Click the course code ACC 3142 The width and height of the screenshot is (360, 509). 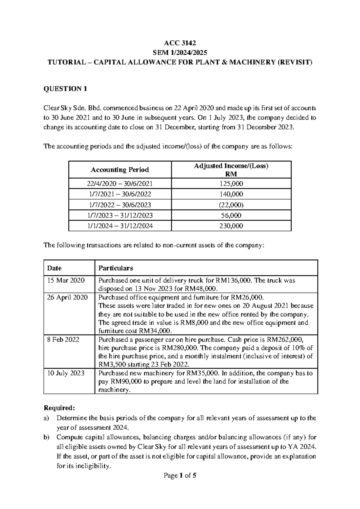pyautogui.click(x=180, y=43)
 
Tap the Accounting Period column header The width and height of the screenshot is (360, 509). pyautogui.click(x=120, y=170)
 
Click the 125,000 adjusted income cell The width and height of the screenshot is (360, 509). pyautogui.click(x=231, y=184)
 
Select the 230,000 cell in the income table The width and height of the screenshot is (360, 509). pyautogui.click(x=231, y=226)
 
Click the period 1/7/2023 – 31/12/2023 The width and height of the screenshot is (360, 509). pyautogui.click(x=120, y=215)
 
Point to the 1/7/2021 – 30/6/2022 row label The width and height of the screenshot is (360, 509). pyautogui.click(x=120, y=194)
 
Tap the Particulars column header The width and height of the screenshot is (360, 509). pyautogui.click(x=116, y=268)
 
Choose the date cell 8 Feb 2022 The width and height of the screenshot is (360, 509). pyautogui.click(x=63, y=340)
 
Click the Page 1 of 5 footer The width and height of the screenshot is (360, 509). pyautogui.click(x=180, y=475)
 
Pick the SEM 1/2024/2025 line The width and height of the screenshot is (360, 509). pyautogui.click(x=180, y=53)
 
